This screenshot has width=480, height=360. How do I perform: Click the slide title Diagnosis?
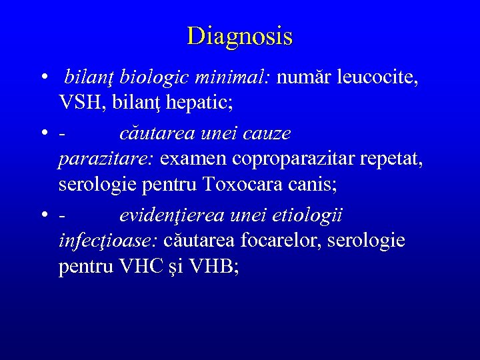240,36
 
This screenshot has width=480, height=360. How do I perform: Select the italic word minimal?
233,79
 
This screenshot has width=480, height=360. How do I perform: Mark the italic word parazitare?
107,159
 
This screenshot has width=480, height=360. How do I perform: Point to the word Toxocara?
244,184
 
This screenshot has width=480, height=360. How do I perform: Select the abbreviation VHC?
139,267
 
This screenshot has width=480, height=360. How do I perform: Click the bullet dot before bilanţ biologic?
42,79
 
